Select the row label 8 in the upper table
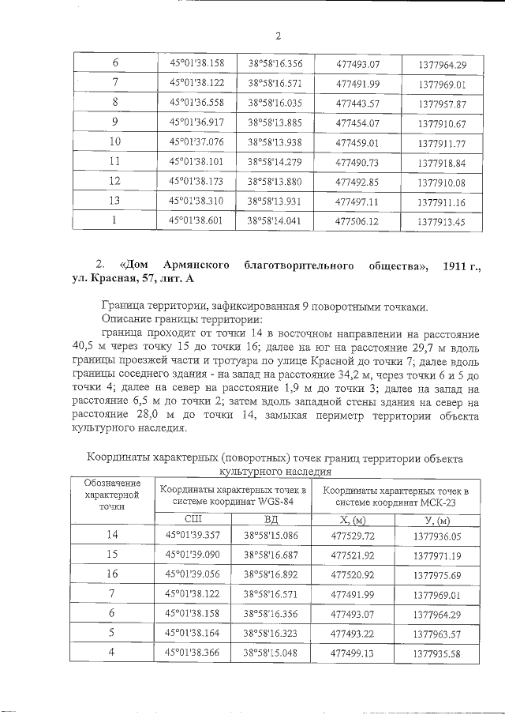[115, 103]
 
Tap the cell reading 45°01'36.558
[193, 103]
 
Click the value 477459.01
[357, 142]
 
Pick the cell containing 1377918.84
[443, 163]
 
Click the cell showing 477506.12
[357, 222]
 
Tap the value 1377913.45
[443, 223]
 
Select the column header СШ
[193, 519]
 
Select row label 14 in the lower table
[113, 536]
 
